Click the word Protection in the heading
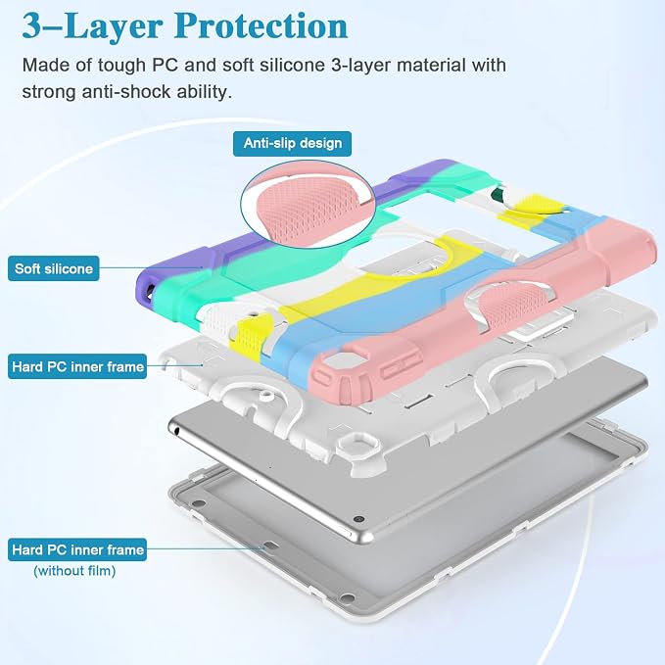pyautogui.click(x=261, y=26)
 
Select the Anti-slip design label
pyautogui.click(x=292, y=143)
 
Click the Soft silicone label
pyautogui.click(x=54, y=268)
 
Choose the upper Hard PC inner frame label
pyautogui.click(x=77, y=366)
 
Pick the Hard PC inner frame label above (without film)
pyautogui.click(x=77, y=549)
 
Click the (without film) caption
pyautogui.click(x=74, y=571)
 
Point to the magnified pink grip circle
pyautogui.click(x=309, y=205)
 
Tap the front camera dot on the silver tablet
pyautogui.click(x=358, y=519)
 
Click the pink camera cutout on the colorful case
pyautogui.click(x=333, y=364)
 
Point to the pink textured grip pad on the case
pyautogui.click(x=509, y=307)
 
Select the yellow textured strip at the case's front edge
pyautogui.click(x=245, y=339)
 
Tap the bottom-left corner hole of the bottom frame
pyautogui.click(x=198, y=503)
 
